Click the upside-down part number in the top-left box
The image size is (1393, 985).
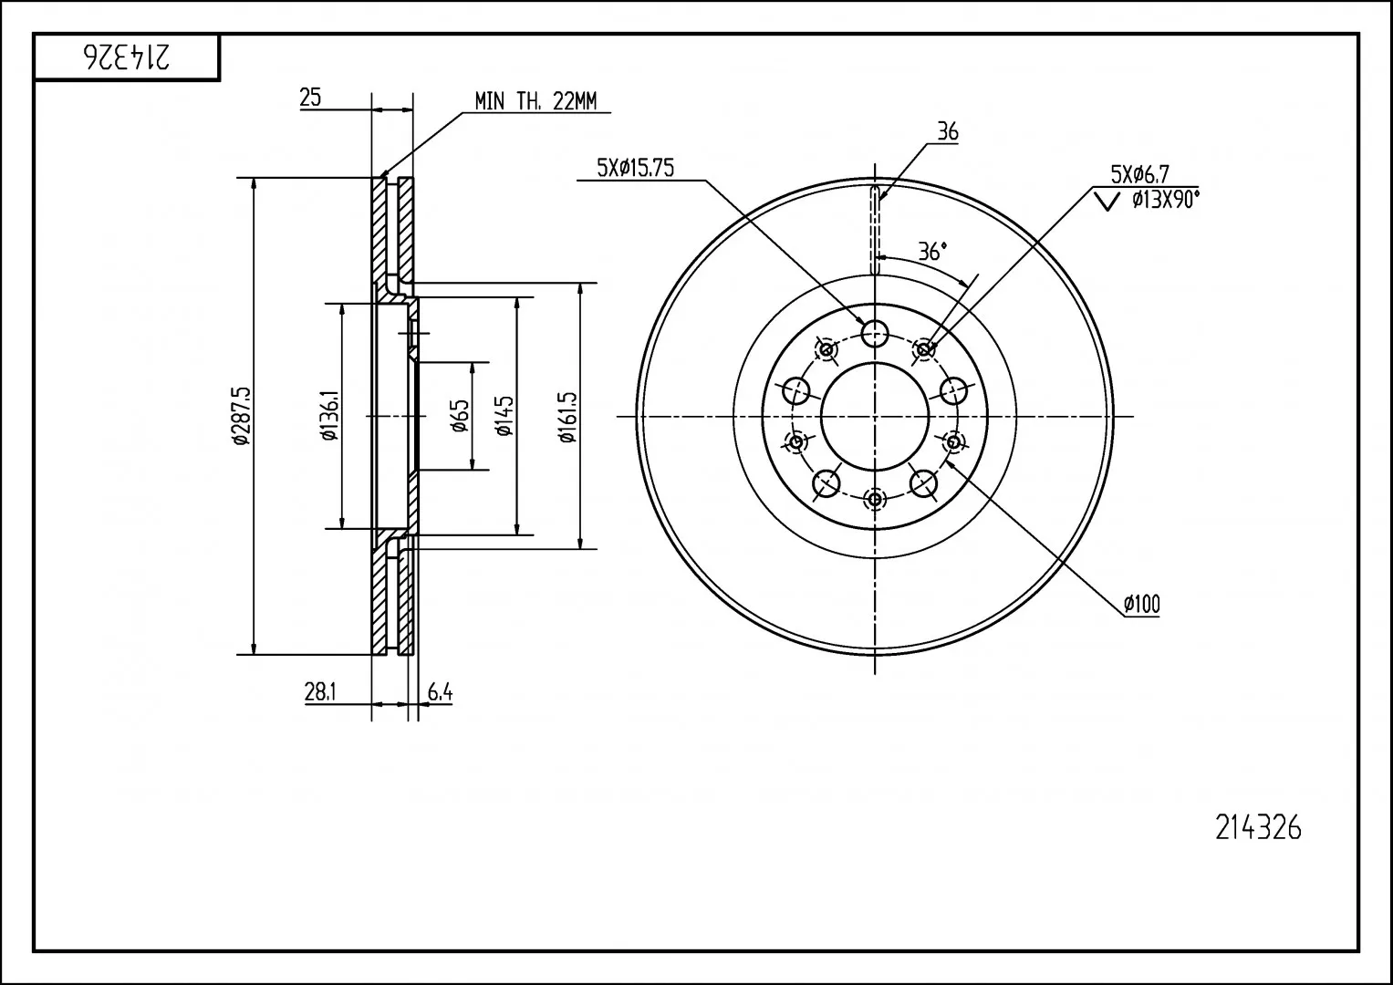point(127,57)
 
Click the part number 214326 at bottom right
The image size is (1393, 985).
point(1258,828)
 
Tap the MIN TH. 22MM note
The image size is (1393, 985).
point(535,100)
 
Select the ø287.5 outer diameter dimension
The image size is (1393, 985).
point(241,415)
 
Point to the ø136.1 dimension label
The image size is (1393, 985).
point(329,415)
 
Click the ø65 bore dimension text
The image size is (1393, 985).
point(460,415)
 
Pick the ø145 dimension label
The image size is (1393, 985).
point(504,415)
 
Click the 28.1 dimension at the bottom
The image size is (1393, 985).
point(320,691)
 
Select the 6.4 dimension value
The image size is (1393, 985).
point(440,691)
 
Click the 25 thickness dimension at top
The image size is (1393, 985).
point(310,97)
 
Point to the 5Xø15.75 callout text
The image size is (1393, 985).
point(635,168)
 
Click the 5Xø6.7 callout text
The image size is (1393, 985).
point(1140,174)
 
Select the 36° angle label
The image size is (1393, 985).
point(932,251)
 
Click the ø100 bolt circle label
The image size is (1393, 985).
point(1142,604)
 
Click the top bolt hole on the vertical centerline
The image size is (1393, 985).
point(875,333)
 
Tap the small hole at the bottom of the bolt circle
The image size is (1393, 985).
point(875,498)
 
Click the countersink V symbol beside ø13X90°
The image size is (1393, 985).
point(1107,202)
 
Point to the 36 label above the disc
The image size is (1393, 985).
point(948,132)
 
